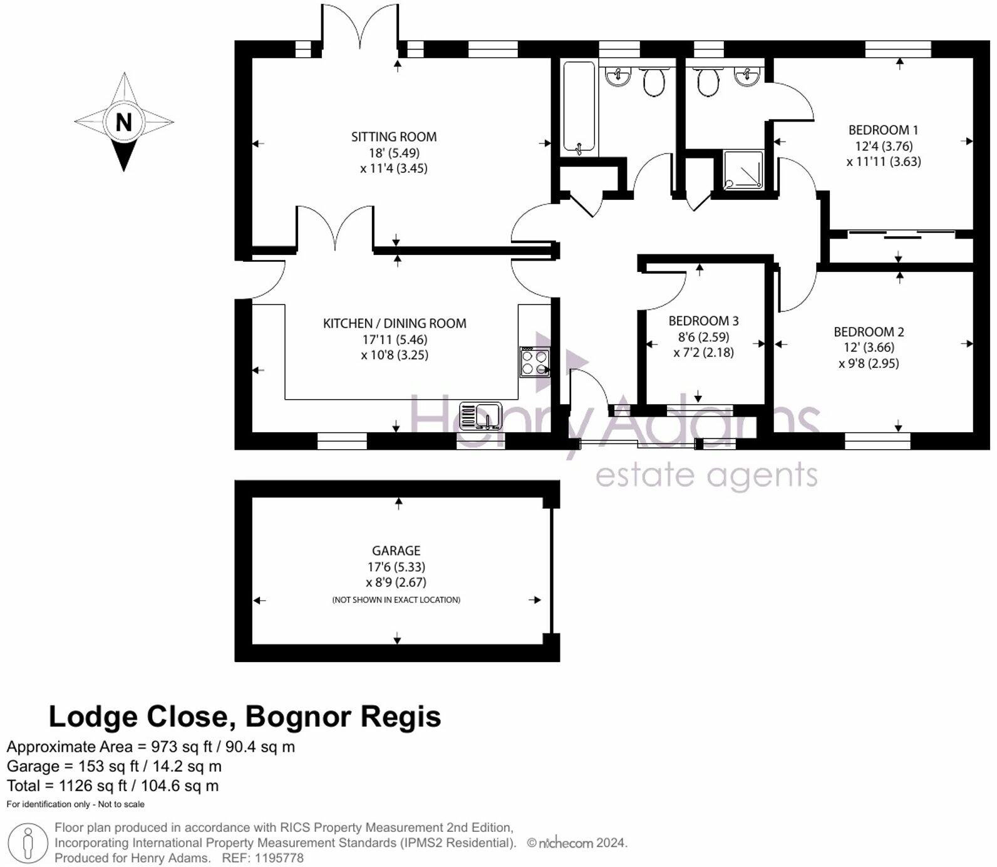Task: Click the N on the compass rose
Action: click(x=124, y=122)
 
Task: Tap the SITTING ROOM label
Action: click(x=393, y=137)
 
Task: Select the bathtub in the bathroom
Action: click(x=579, y=108)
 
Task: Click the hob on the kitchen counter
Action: click(x=535, y=362)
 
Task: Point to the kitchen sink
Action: click(x=481, y=415)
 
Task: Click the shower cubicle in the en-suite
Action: click(x=743, y=169)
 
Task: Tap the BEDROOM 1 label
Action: click(x=883, y=130)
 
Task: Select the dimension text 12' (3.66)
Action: click(x=869, y=347)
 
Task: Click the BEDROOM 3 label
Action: click(x=703, y=321)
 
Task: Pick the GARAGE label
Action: click(x=396, y=551)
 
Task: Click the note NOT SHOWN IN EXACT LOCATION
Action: click(x=396, y=600)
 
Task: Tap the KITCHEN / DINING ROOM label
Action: click(x=395, y=323)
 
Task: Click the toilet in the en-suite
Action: click(x=708, y=82)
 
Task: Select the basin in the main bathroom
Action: click(x=618, y=77)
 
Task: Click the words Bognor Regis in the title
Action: click(x=343, y=716)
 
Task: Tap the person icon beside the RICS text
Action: click(x=28, y=843)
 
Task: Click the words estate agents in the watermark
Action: click(x=706, y=476)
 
